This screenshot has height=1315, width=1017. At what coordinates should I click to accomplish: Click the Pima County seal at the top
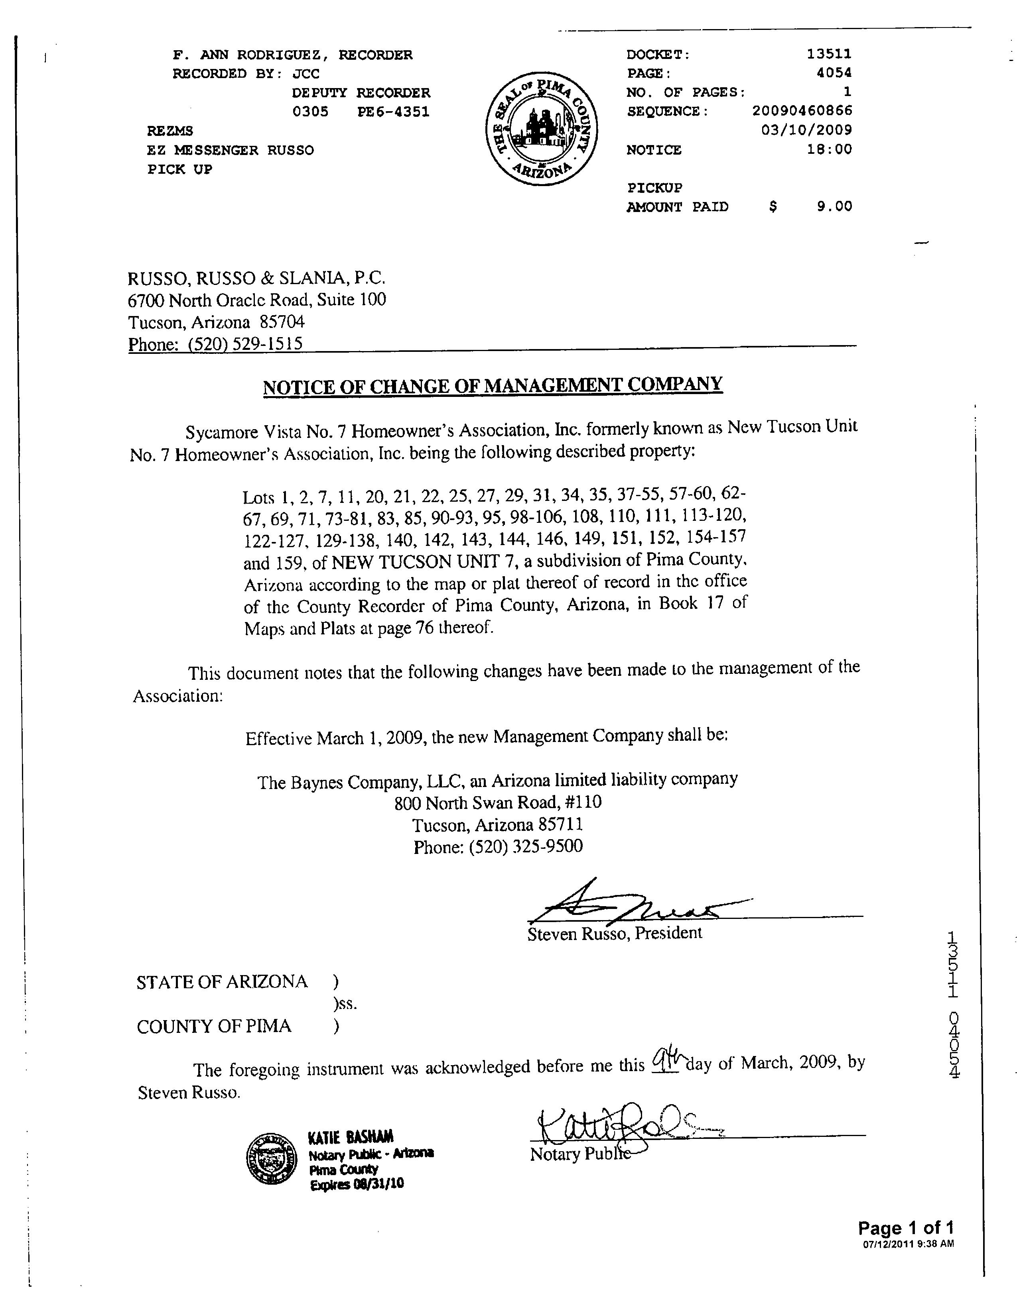coord(541,130)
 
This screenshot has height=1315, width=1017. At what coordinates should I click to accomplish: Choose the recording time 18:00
coord(830,149)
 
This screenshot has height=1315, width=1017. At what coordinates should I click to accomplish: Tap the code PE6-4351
coord(393,112)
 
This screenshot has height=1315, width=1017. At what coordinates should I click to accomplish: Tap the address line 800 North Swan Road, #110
coord(498,803)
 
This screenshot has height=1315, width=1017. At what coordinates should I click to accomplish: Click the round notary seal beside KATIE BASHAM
coord(273,1159)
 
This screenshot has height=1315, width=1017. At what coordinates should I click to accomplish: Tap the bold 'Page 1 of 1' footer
coord(906,1228)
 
